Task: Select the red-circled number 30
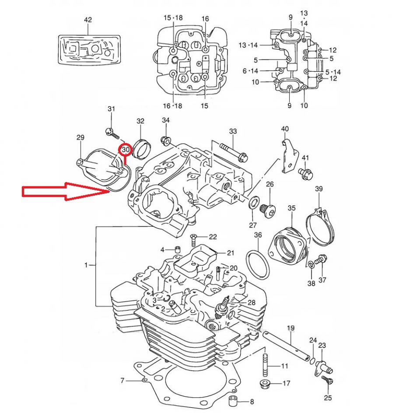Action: coord(126,150)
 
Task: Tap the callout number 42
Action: coord(88,20)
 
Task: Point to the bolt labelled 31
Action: coord(111,131)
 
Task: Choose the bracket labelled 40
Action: coord(288,155)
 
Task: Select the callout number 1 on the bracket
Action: coord(87,265)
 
